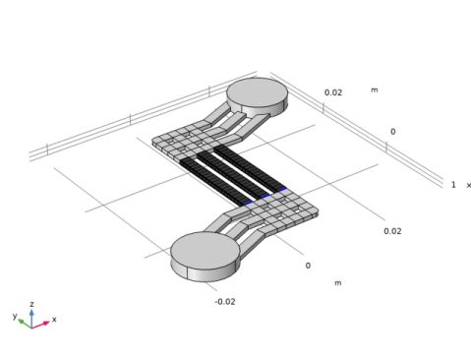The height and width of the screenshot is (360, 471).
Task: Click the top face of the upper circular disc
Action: click(x=258, y=92)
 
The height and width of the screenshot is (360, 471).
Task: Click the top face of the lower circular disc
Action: click(x=206, y=251)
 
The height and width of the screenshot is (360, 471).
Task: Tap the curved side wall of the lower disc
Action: click(x=204, y=272)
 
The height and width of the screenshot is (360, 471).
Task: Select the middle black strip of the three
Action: click(x=233, y=175)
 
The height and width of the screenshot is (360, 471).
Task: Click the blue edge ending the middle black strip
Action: click(x=265, y=197)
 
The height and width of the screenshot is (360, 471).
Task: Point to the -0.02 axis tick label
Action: click(x=225, y=302)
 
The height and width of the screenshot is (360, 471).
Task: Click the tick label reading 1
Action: click(x=453, y=185)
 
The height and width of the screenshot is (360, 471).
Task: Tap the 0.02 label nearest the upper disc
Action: click(x=333, y=92)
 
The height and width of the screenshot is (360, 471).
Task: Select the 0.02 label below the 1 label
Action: click(x=392, y=231)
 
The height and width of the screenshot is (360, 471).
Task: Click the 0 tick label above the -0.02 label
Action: click(x=308, y=266)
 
